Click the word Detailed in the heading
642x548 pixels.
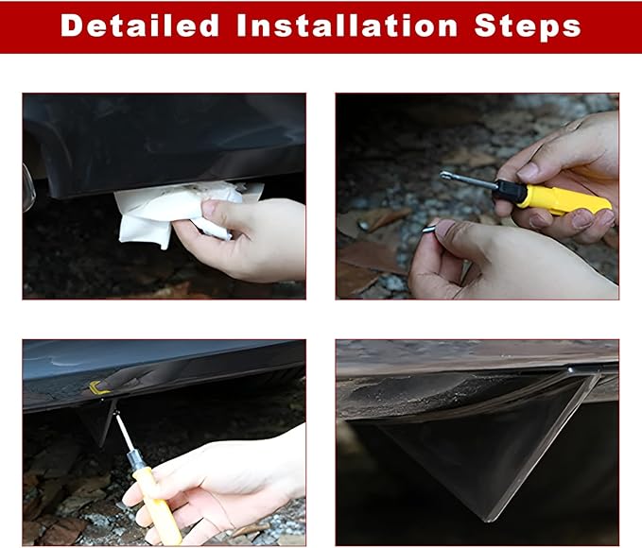[139, 26]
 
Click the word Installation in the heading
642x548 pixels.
[347, 26]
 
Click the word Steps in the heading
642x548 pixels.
[528, 27]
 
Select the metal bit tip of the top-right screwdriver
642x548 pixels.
[445, 176]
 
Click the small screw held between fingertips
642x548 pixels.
[429, 227]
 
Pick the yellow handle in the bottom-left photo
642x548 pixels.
[158, 505]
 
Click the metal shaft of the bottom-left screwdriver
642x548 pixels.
[123, 434]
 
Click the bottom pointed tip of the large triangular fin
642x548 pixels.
[487, 521]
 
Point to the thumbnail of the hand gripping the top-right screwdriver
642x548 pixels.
[529, 171]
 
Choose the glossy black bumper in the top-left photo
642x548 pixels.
[164, 144]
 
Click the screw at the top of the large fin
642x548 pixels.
[570, 370]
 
